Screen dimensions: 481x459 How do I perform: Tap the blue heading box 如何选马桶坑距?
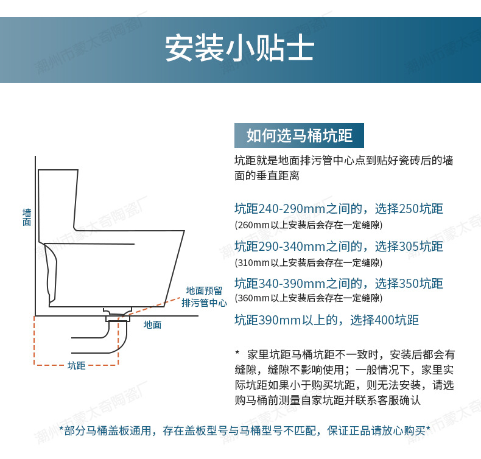pyautogui.click(x=299, y=135)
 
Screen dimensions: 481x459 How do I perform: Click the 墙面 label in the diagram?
pyautogui.click(x=27, y=217)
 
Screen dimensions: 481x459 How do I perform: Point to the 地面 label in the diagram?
pyautogui.click(x=152, y=325)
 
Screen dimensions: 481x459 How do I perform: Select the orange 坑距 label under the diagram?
pyautogui.click(x=76, y=365)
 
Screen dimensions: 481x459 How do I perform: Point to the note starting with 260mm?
pyautogui.click(x=308, y=225)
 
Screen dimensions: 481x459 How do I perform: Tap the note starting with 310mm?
pyautogui.click(x=308, y=263)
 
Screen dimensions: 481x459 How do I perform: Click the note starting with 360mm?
pyautogui.click(x=308, y=298)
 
